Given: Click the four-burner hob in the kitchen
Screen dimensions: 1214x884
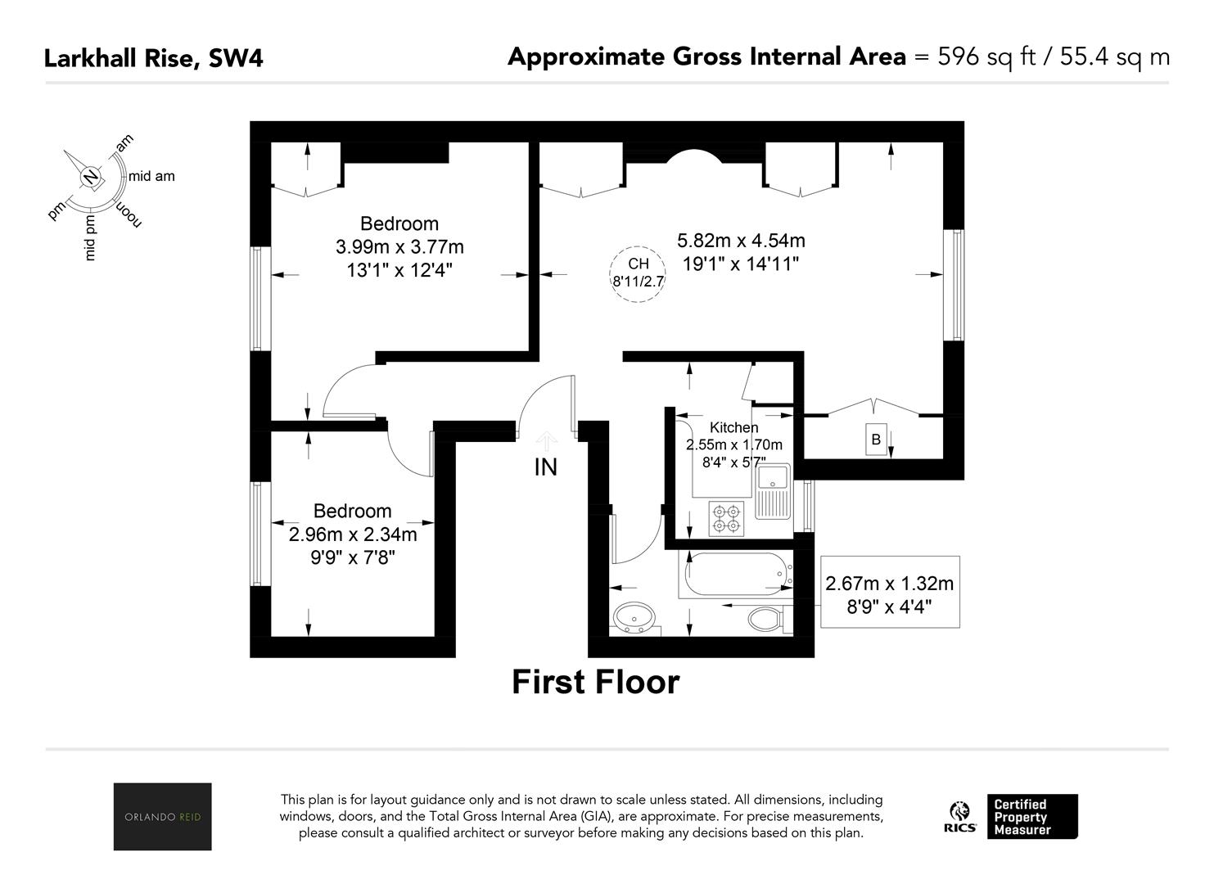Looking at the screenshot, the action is (x=727, y=519).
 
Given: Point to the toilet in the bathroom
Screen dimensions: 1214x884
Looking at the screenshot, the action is (x=765, y=619).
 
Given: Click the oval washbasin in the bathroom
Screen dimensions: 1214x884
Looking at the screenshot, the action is (x=634, y=617).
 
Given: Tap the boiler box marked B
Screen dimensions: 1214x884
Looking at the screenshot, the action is (x=876, y=440).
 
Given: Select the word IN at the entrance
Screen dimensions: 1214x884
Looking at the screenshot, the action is (x=546, y=467).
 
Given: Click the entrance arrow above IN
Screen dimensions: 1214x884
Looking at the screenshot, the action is (x=546, y=441).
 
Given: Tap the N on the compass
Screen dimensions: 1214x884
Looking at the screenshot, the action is (x=91, y=177).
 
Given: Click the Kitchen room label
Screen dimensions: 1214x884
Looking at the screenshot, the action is (x=734, y=427).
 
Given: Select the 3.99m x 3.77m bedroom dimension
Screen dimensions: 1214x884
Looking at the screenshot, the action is (x=399, y=247).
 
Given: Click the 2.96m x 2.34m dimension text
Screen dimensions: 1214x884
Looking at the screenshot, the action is (x=353, y=535).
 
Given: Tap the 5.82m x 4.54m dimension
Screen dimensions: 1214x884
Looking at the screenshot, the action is (x=741, y=241).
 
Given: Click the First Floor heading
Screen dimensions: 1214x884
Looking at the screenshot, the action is (x=596, y=682).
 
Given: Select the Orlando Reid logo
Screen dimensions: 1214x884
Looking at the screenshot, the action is (x=163, y=816).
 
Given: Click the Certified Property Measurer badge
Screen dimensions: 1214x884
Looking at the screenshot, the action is (x=1032, y=817).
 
